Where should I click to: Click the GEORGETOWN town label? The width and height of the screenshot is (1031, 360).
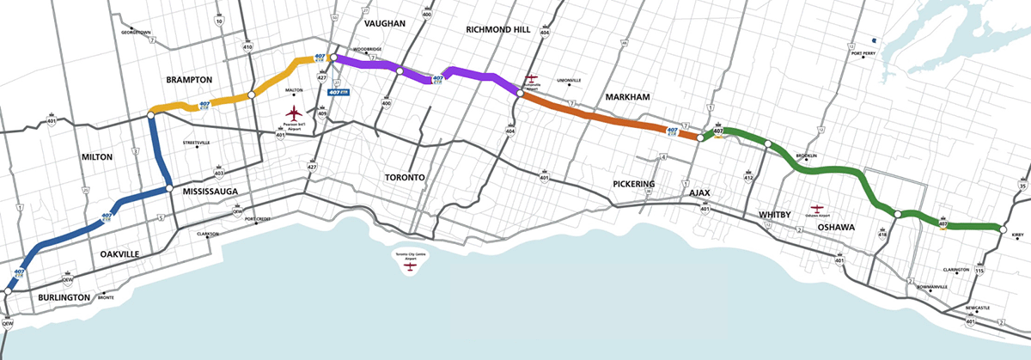coord(136,33)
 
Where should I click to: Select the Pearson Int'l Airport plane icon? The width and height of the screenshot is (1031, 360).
coord(295,113)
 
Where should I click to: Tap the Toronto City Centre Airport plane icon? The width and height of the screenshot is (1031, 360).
coord(411,267)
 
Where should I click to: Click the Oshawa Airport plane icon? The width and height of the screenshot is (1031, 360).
coord(817,209)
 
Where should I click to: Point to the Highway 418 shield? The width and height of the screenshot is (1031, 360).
coord(882,232)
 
